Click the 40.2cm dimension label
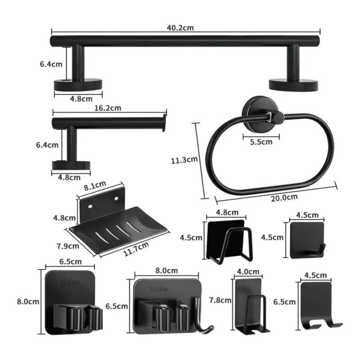pos(180,27)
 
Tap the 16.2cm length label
pos(108,108)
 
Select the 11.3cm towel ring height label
pos(184,160)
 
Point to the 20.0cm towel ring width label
pos(284,198)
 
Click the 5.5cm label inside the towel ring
pos(261,142)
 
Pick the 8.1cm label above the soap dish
pos(95,185)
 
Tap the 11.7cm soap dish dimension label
pos(136,249)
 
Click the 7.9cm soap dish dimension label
pos(68,246)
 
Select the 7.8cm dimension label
pos(220,300)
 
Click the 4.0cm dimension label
pos(248,272)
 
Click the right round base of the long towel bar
pos(293,85)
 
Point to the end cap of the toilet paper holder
pos(164,123)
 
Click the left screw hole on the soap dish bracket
pos(90,207)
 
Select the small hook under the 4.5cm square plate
pos(318,250)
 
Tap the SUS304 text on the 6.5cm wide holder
pos(70,283)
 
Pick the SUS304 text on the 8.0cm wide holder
pos(159,289)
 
